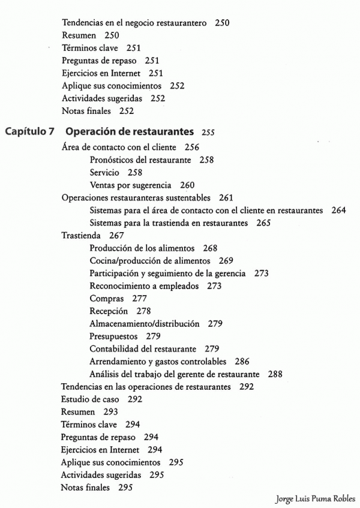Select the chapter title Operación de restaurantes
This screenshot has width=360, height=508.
(129, 131)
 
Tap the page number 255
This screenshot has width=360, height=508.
(208, 133)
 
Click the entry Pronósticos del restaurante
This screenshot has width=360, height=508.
(140, 160)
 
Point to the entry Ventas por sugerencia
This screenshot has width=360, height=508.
(130, 185)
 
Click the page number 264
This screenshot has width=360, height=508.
(338, 211)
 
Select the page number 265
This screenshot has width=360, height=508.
(263, 223)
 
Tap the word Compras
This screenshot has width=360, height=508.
(107, 299)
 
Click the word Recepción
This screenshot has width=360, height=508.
(109, 311)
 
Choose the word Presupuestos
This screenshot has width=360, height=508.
(113, 336)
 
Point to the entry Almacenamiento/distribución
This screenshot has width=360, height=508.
(144, 324)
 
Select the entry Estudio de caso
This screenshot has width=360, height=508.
(90, 399)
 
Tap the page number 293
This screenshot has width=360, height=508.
(110, 412)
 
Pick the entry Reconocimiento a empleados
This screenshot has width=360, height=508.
(144, 286)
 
